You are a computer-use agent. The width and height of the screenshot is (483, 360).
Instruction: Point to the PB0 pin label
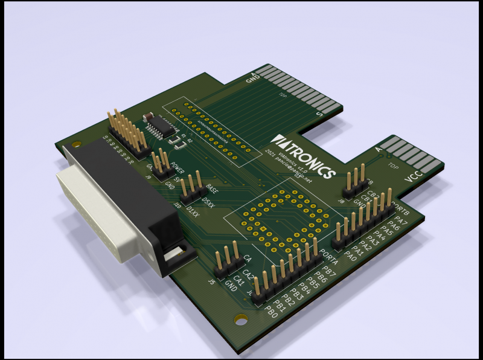[271, 311]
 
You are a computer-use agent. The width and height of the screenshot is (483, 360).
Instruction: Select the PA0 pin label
[350, 255]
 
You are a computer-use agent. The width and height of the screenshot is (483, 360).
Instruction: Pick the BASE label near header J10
[213, 188]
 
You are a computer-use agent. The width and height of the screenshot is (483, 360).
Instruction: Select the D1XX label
[193, 211]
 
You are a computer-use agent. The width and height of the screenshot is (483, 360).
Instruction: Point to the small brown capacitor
[147, 116]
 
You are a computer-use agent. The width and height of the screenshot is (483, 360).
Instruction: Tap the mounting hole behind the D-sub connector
[75, 144]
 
